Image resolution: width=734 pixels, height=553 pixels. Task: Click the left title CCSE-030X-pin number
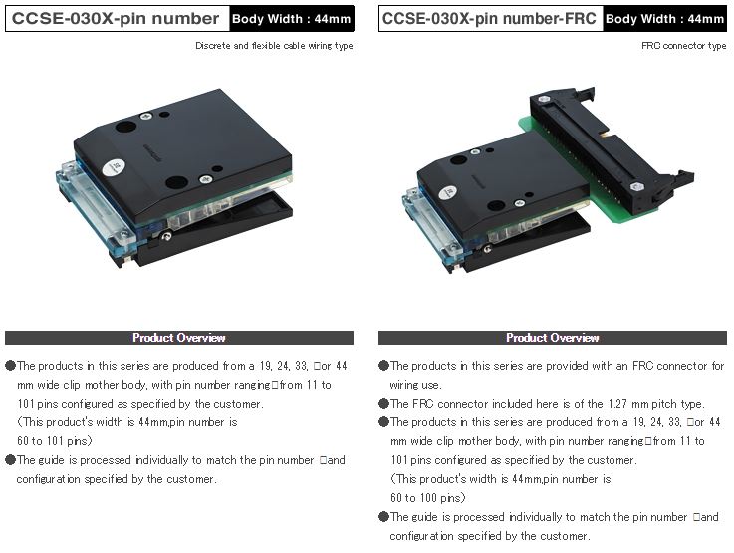(116, 18)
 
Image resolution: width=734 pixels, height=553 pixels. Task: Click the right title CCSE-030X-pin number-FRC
(489, 18)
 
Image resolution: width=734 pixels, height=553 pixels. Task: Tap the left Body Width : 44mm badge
(292, 19)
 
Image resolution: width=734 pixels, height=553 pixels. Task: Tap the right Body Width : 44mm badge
(664, 19)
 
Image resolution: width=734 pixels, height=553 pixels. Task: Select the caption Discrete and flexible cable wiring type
(274, 46)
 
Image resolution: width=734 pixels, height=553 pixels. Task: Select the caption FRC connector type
(684, 46)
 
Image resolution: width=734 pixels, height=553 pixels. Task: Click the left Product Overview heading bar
(179, 338)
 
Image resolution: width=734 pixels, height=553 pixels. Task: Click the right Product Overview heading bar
(553, 338)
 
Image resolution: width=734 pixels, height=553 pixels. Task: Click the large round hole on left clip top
(125, 127)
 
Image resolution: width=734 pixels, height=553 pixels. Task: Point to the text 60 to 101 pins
(55, 441)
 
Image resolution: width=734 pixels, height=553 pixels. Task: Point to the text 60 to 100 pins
(428, 498)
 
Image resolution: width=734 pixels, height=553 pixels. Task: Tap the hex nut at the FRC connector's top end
(544, 100)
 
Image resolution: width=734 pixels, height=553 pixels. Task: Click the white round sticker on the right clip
(447, 192)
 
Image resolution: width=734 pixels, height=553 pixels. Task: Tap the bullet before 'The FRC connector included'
(383, 404)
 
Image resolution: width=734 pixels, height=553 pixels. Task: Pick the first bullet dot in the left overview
(10, 366)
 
